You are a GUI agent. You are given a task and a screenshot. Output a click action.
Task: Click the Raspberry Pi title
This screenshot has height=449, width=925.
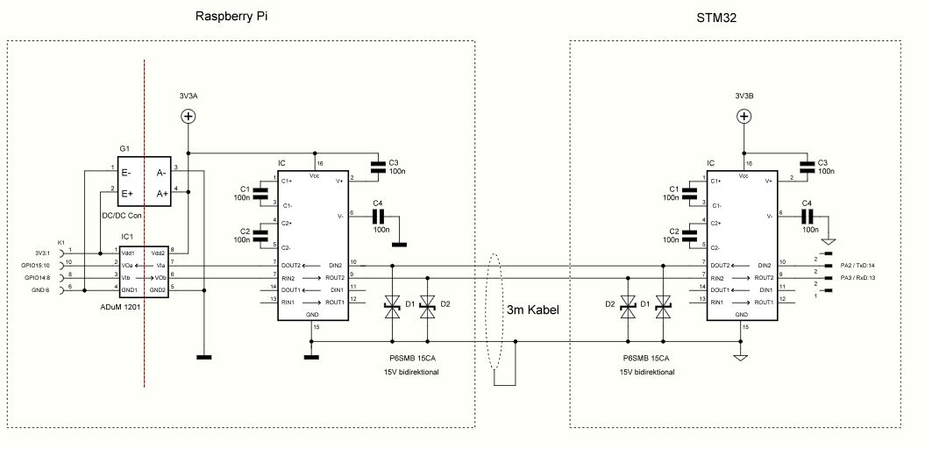coord(232,17)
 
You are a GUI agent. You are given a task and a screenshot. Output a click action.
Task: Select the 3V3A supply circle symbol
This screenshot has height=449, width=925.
coord(189,116)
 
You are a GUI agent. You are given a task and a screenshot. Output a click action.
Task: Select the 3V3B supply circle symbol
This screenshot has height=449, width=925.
coord(744,116)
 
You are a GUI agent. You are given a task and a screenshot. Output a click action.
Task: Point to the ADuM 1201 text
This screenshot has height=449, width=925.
coord(120,308)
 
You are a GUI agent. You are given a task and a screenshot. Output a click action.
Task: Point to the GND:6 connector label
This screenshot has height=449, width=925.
coord(41,290)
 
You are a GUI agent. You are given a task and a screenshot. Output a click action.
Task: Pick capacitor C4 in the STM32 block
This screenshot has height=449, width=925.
coord(808,216)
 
